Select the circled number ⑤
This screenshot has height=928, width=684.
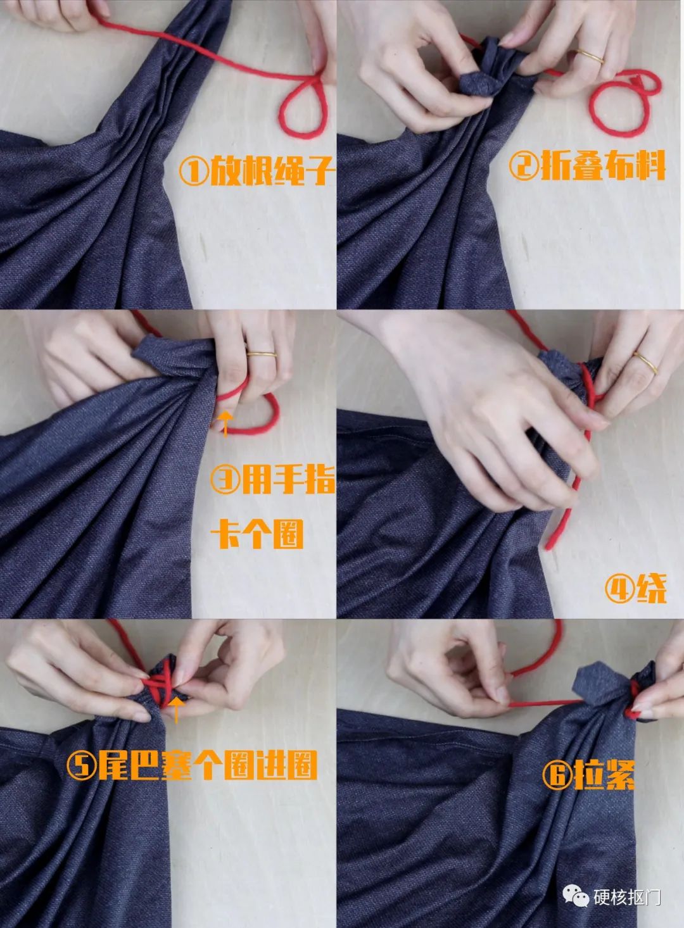[82, 767]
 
